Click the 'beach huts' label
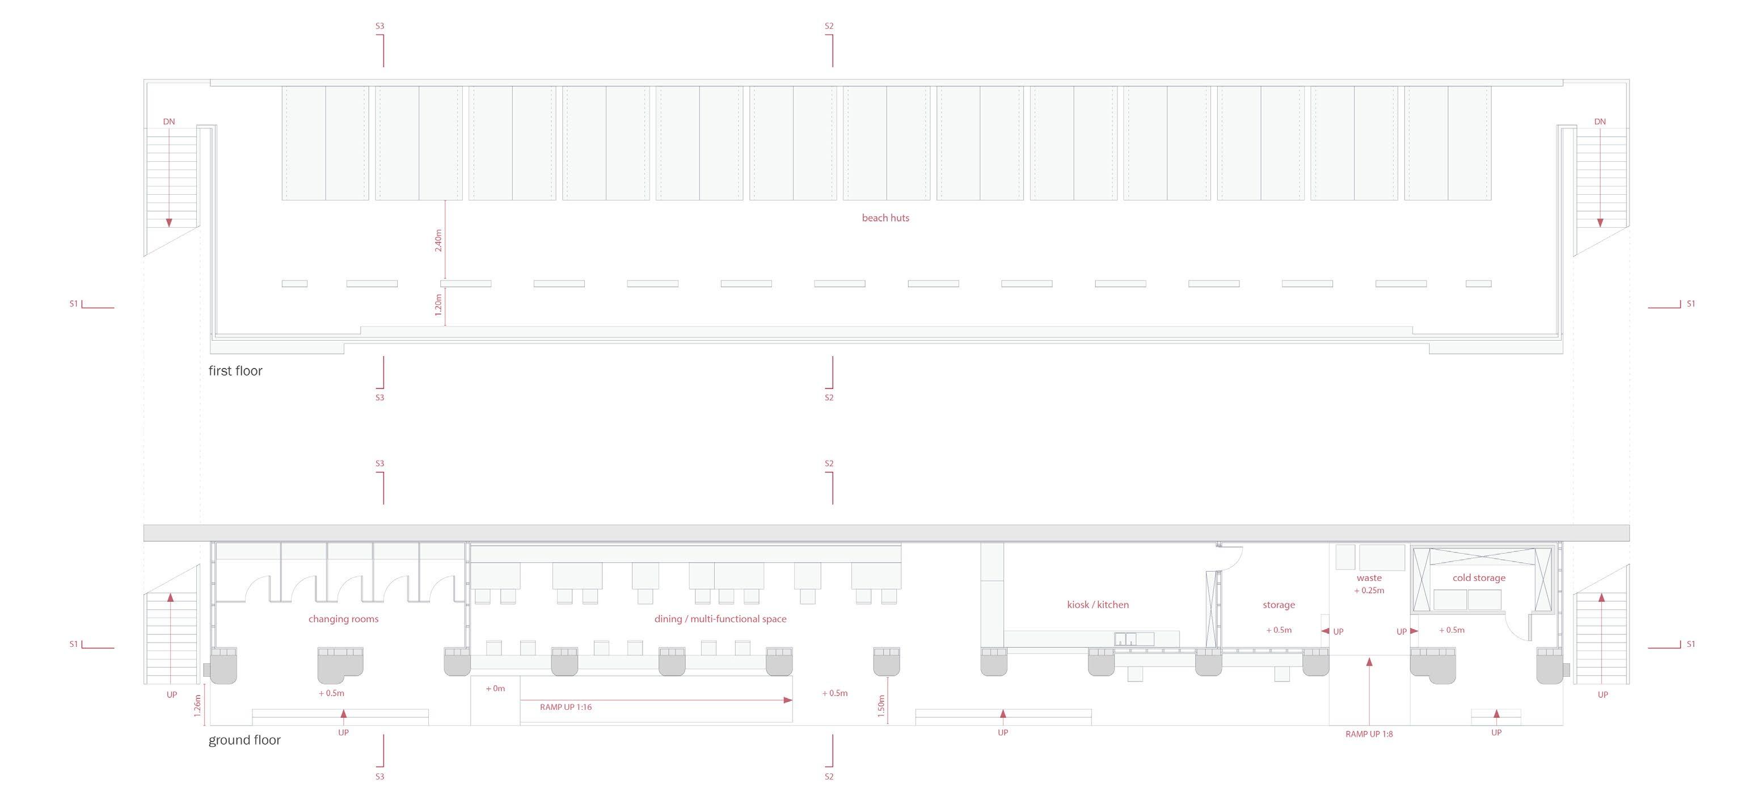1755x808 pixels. pyautogui.click(x=885, y=218)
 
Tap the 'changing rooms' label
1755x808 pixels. pyautogui.click(x=343, y=619)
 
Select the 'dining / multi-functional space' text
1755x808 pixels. pyautogui.click(x=720, y=619)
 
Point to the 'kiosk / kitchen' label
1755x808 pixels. pyautogui.click(x=1098, y=605)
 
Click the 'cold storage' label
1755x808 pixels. pyautogui.click(x=1478, y=577)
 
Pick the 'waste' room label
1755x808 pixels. pyautogui.click(x=1369, y=577)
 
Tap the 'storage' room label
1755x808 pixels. pyautogui.click(x=1279, y=605)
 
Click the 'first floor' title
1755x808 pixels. pyautogui.click(x=235, y=371)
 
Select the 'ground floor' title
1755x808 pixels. pyautogui.click(x=244, y=740)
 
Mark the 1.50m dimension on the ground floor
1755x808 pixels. pyautogui.click(x=881, y=706)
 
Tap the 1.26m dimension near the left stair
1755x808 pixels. pyautogui.click(x=197, y=706)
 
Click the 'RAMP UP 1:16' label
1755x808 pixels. pyautogui.click(x=566, y=707)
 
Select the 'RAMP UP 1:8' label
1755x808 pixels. pyautogui.click(x=1369, y=734)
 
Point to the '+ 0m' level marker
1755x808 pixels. pyautogui.click(x=495, y=689)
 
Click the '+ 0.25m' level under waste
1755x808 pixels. pyautogui.click(x=1369, y=591)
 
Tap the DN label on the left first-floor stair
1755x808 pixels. pyautogui.click(x=169, y=122)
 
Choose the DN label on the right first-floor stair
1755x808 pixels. pyautogui.click(x=1600, y=122)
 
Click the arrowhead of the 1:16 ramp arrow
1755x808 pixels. pyautogui.click(x=788, y=700)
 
